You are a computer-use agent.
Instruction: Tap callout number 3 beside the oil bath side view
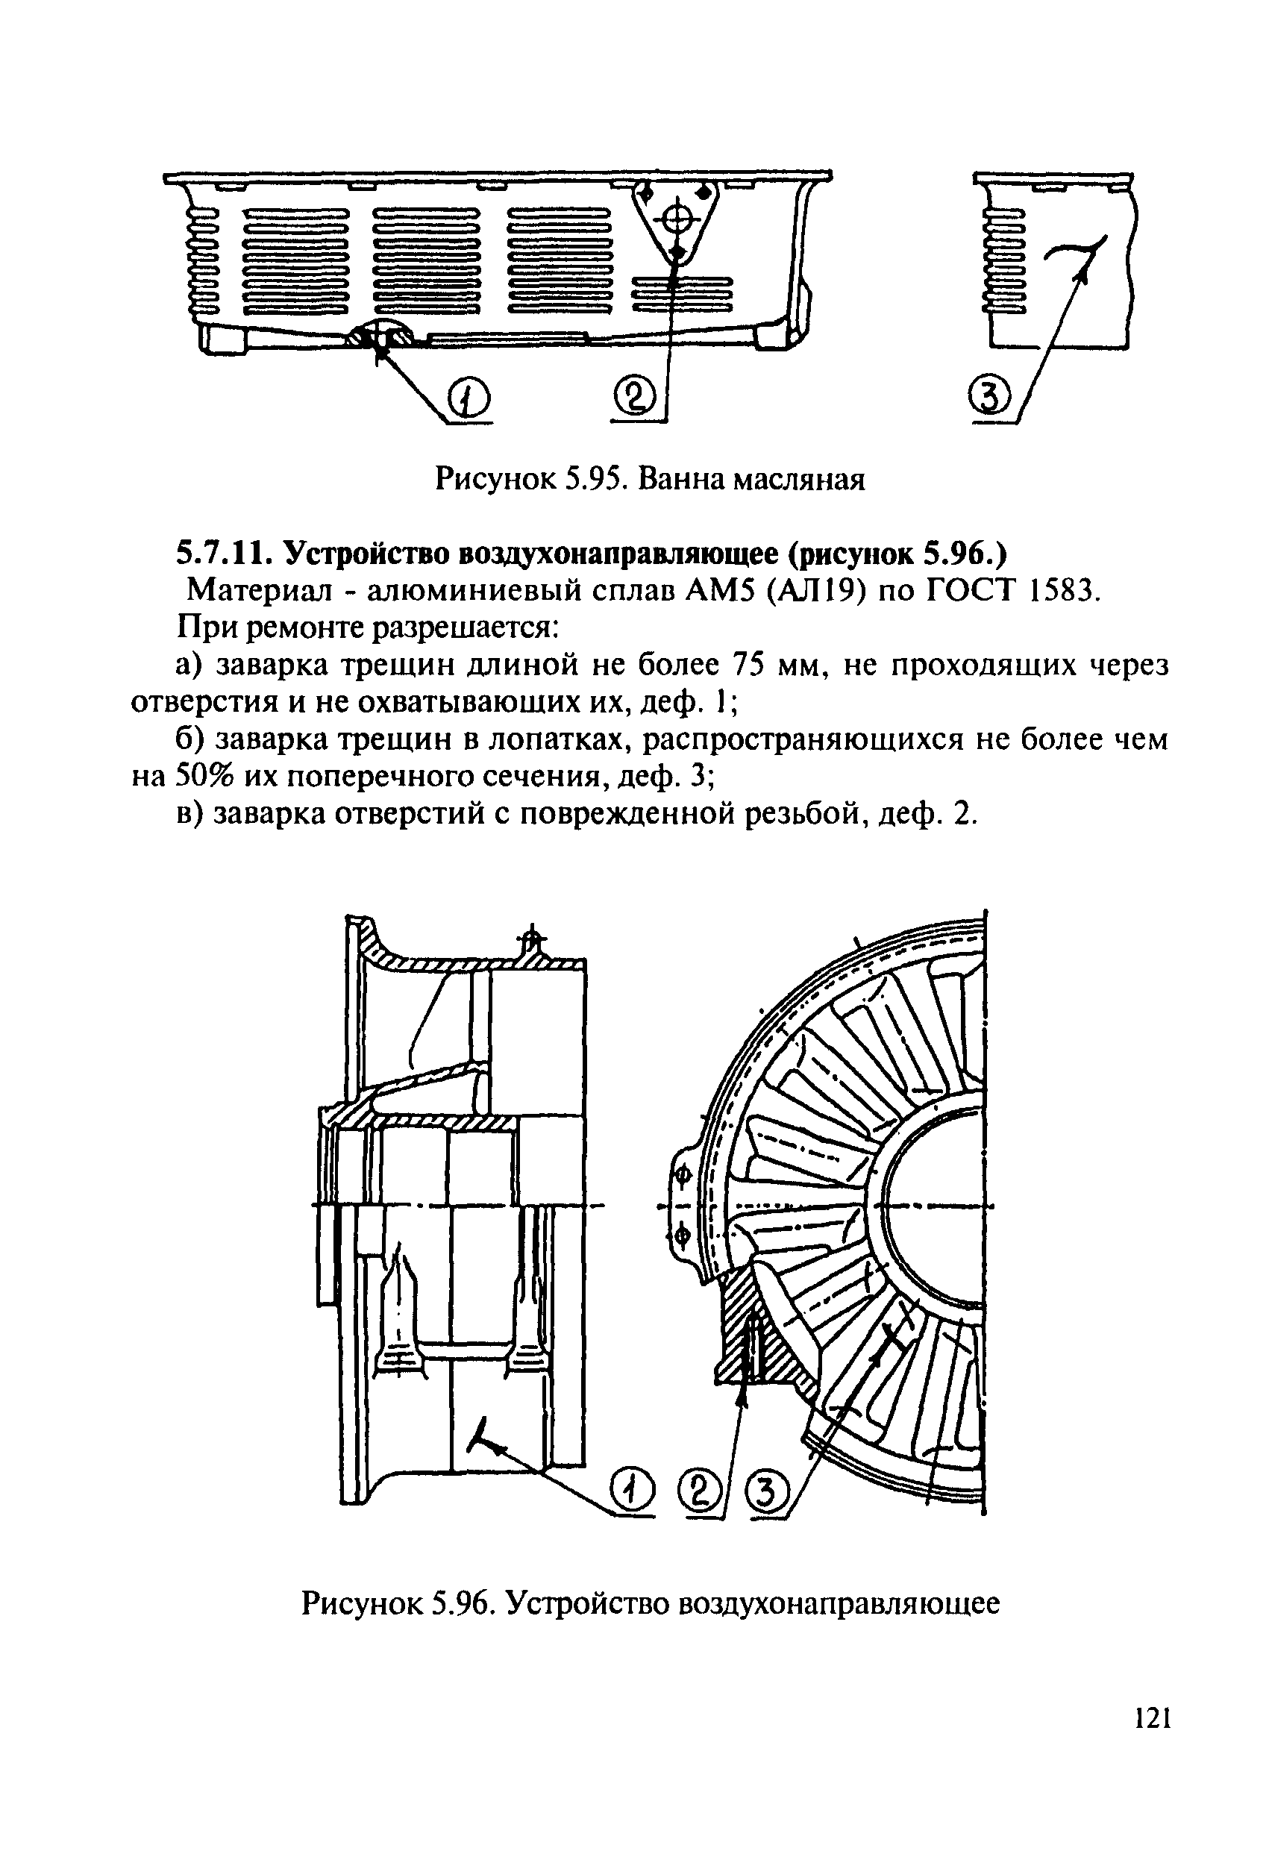point(990,398)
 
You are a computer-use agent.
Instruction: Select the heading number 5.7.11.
point(225,552)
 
